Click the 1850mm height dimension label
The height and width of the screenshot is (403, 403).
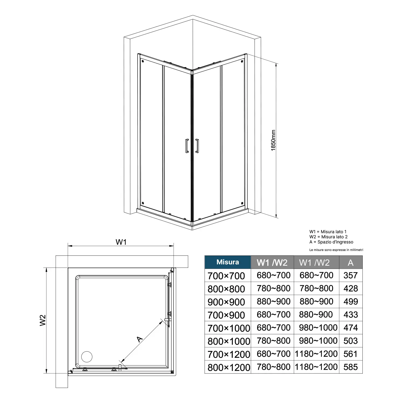click(273, 140)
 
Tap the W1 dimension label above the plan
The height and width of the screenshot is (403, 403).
click(121, 242)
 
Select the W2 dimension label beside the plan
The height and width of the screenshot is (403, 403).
click(43, 320)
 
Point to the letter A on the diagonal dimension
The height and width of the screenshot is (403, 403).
click(140, 339)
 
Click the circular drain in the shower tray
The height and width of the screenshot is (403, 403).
click(87, 357)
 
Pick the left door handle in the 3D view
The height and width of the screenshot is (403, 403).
click(187, 146)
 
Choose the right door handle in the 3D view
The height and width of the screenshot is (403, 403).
click(197, 146)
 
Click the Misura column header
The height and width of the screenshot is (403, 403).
click(228, 262)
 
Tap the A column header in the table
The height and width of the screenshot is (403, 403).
click(351, 262)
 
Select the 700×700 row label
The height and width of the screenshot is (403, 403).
click(226, 276)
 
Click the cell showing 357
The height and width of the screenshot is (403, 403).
click(351, 275)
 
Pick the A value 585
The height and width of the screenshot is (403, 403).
click(351, 367)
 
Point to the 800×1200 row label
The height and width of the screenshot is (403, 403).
click(229, 368)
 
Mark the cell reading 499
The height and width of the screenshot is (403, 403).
click(351, 301)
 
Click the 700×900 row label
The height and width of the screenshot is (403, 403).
click(226, 315)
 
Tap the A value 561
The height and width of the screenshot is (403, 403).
click(351, 354)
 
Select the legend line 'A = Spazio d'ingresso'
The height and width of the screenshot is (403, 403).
click(331, 242)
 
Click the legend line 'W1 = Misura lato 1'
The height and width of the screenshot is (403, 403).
click(328, 232)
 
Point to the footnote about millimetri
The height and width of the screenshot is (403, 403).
click(336, 250)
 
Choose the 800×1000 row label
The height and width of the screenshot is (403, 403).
click(229, 341)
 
